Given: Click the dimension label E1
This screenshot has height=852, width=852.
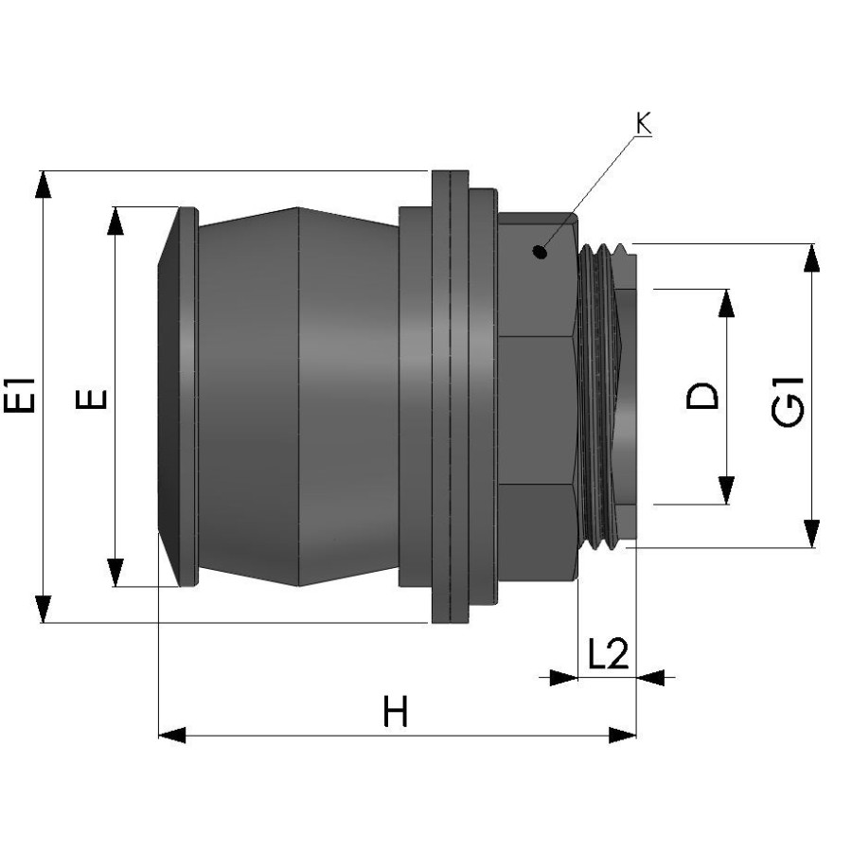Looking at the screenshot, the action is pos(20,395).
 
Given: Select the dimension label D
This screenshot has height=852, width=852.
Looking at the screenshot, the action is pos(702,396).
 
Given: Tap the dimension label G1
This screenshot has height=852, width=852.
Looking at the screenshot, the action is pos(788,401).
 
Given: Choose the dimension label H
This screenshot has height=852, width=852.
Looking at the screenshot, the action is pos(395,711).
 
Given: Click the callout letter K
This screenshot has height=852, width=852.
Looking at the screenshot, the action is pos(644,123).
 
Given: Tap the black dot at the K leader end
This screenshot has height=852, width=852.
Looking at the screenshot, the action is pos(540,252).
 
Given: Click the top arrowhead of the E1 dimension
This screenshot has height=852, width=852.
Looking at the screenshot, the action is pos(43,185).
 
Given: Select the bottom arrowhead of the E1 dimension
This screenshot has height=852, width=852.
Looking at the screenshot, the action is pos(43,609).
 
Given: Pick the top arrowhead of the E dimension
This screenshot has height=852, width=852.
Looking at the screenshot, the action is pos(115,221).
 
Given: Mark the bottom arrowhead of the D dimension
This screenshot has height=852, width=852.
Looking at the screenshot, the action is pos(726,490).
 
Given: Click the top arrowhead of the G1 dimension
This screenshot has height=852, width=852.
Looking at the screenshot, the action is pos(812,257).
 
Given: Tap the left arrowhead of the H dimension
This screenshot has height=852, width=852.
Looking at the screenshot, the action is pos(171,736).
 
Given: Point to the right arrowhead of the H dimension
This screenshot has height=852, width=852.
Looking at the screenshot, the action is pos(622,736).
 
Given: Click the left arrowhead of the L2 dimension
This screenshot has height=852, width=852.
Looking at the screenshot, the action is pos(564,678).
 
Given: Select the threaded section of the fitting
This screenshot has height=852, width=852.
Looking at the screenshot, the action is pos(598,397).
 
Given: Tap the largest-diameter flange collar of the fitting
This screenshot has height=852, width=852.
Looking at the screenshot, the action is pos(451,397).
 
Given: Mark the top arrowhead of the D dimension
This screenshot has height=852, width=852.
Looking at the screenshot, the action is pos(726,303).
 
